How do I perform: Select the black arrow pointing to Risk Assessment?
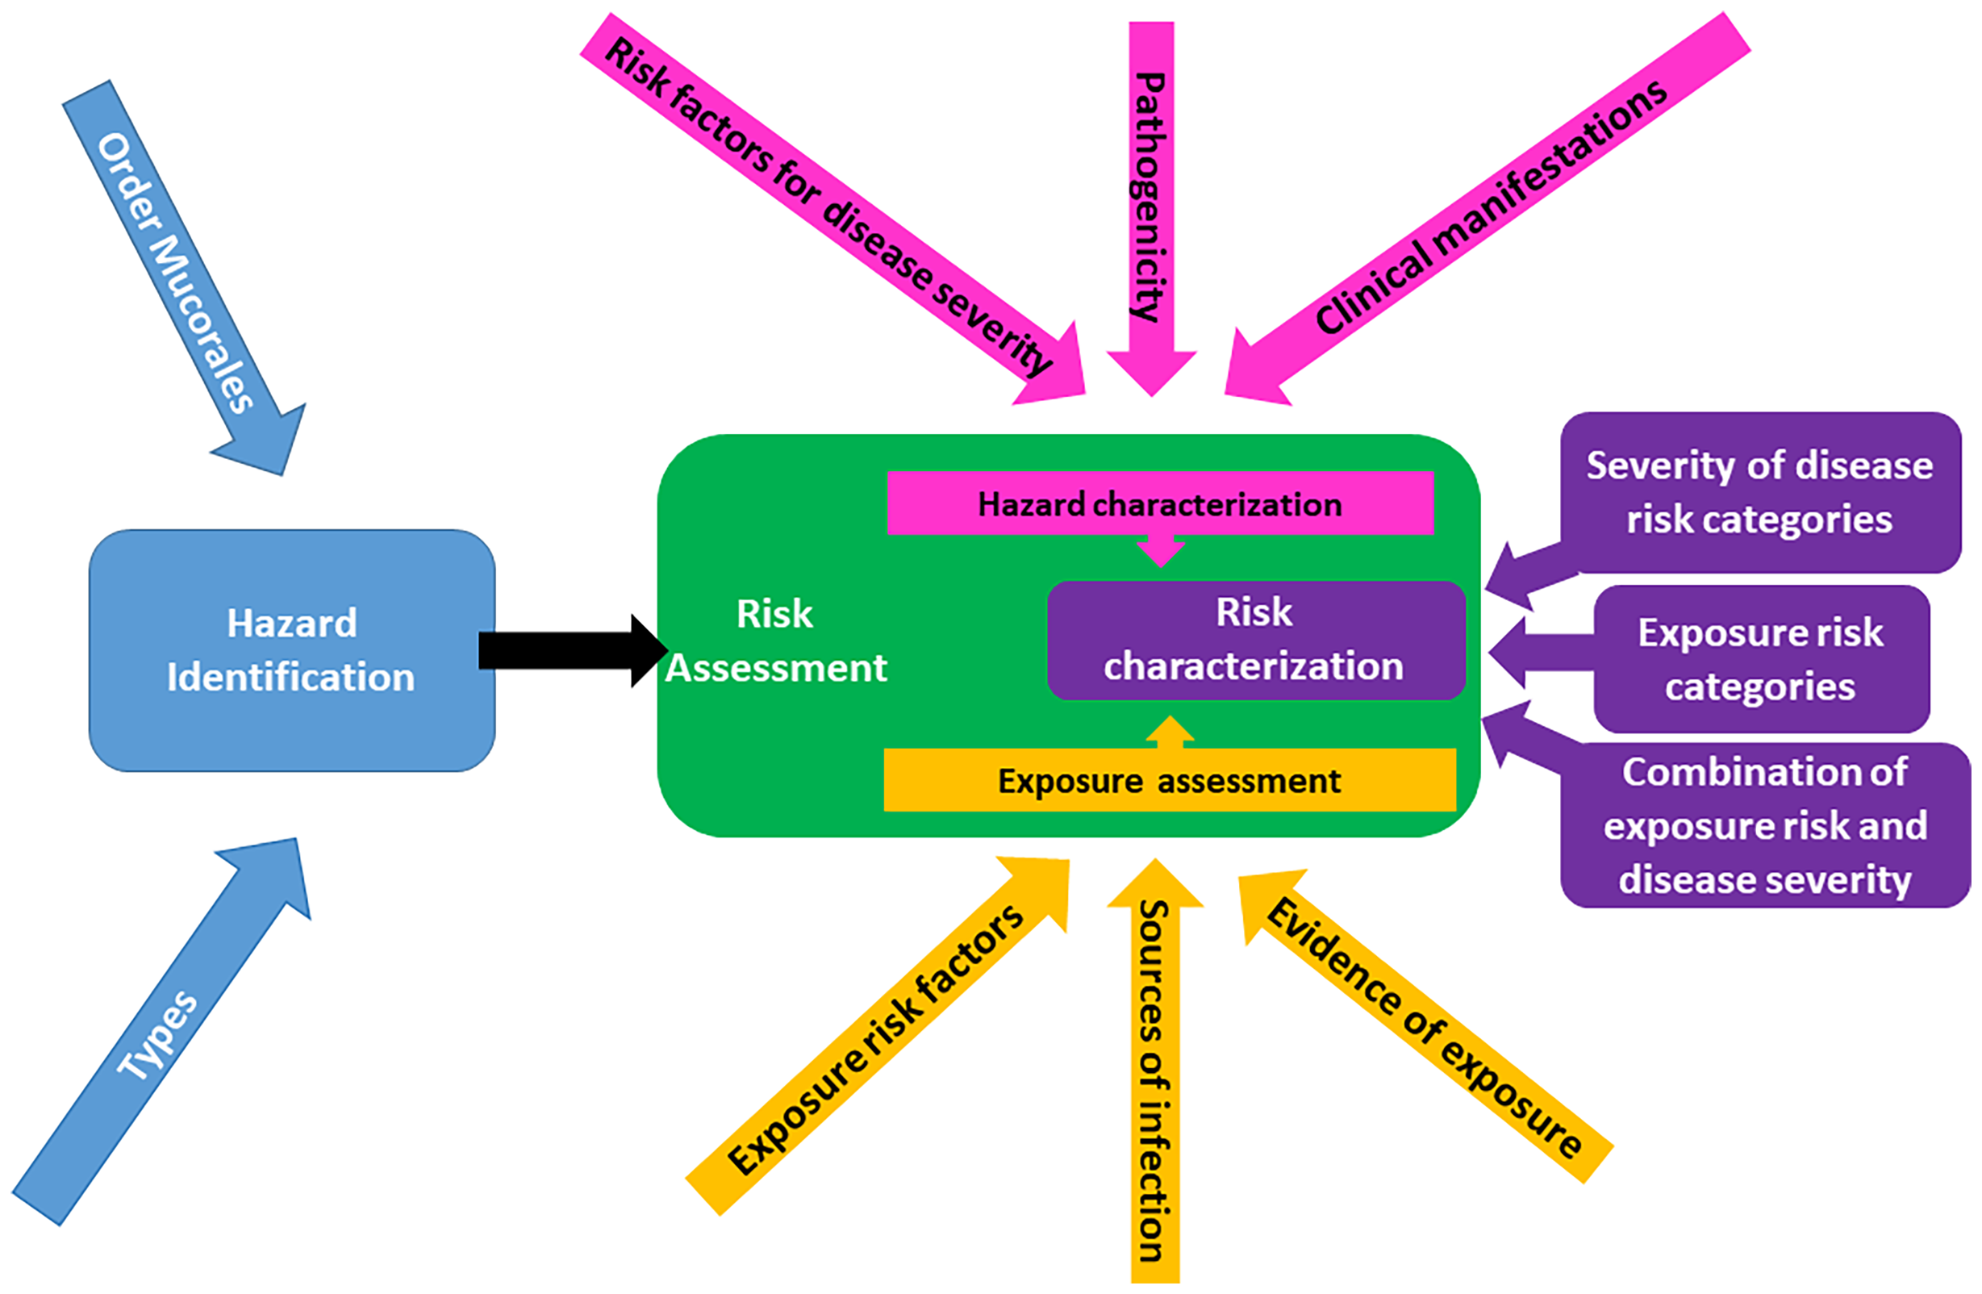click(x=566, y=650)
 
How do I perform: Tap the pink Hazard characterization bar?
click(x=1159, y=503)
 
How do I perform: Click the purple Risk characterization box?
click(x=1255, y=640)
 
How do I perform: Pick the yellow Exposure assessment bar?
click(x=1168, y=781)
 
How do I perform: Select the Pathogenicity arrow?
click(x=1151, y=200)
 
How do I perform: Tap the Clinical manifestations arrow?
click(x=1491, y=208)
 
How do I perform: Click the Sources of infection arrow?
click(x=1154, y=1083)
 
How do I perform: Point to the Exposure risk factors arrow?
click(x=874, y=1041)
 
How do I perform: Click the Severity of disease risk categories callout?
click(x=1759, y=492)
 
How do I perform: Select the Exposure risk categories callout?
click(x=1759, y=659)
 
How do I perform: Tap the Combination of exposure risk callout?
click(x=1765, y=825)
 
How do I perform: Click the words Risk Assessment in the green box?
click(x=775, y=641)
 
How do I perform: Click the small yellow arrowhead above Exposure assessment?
click(x=1170, y=731)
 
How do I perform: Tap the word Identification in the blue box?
click(x=290, y=677)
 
